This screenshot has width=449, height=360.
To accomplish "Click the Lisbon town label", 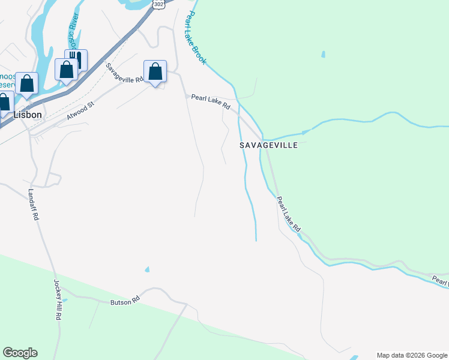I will coord(28,115).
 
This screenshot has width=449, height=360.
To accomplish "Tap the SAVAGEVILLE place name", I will coord(268,145).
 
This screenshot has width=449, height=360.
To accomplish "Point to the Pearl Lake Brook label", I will coord(197,38).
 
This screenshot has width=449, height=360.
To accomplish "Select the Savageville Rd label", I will coord(125,73).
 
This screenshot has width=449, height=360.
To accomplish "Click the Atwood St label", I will coord(81,110).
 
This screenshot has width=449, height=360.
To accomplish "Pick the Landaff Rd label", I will coord(33,205).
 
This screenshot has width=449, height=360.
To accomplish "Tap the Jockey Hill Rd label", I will coord(58,299).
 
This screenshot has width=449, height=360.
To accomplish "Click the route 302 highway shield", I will coord(157,4).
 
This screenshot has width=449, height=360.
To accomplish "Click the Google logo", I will coord(20,353).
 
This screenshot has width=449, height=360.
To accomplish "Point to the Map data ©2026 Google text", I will coord(412,355).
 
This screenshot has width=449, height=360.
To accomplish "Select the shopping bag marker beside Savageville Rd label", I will coord(155,72).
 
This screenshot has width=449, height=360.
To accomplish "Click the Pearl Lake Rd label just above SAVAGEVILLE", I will coord(211,101).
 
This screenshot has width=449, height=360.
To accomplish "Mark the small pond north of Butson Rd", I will coord(147,269).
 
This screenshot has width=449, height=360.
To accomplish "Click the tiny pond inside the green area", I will coord(324,55).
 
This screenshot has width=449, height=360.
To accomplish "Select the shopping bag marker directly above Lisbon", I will coord(27,83).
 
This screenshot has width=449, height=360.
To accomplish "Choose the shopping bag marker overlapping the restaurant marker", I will coord(65,70).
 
